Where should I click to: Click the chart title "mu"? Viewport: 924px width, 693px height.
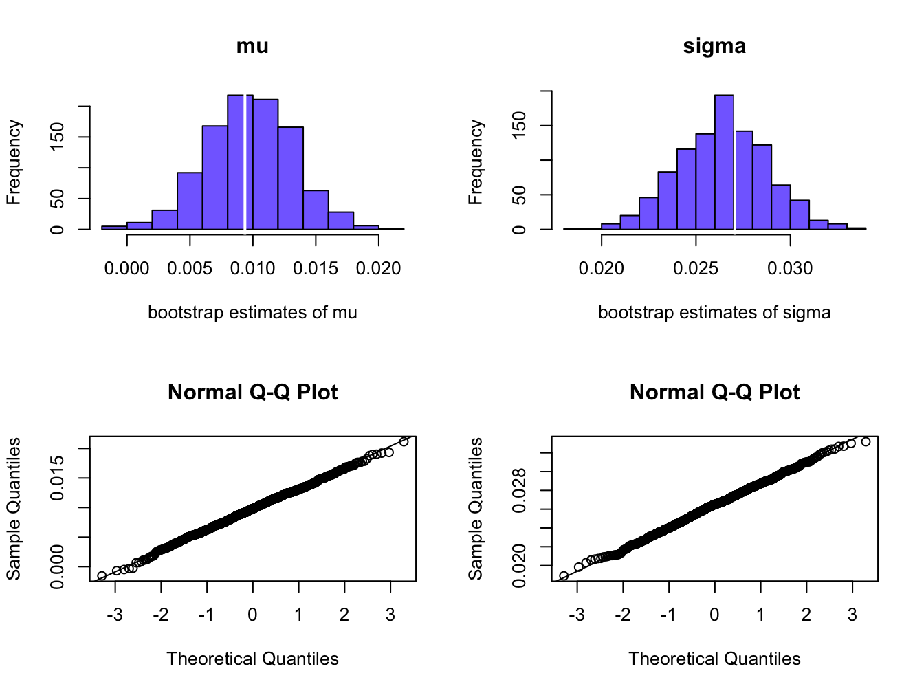point(252,46)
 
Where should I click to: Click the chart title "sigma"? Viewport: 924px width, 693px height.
point(714,46)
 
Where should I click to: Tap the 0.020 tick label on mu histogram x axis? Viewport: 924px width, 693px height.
point(378,269)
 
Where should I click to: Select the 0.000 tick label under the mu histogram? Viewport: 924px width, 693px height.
point(127,269)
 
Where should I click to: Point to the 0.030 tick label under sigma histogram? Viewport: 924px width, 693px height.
point(790,269)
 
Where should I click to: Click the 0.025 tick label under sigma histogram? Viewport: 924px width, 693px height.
point(696,269)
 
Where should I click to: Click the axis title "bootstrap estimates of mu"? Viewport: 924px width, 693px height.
point(252,313)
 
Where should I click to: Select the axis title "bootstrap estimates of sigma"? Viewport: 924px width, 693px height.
point(714,313)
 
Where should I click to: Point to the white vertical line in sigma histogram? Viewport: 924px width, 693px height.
point(734,165)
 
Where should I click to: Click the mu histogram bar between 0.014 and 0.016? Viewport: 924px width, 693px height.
point(316,210)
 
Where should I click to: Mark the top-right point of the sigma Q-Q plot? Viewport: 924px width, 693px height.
point(866,441)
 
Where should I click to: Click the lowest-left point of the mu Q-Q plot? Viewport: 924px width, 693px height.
point(102,576)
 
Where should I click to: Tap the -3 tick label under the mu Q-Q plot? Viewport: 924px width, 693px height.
point(115,615)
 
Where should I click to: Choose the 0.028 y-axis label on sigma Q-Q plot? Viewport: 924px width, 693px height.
point(520,490)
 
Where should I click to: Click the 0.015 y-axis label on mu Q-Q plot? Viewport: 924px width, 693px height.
point(58,478)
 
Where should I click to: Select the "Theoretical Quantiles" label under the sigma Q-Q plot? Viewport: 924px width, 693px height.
point(714,659)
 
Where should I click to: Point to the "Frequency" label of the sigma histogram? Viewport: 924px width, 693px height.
point(476,162)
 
